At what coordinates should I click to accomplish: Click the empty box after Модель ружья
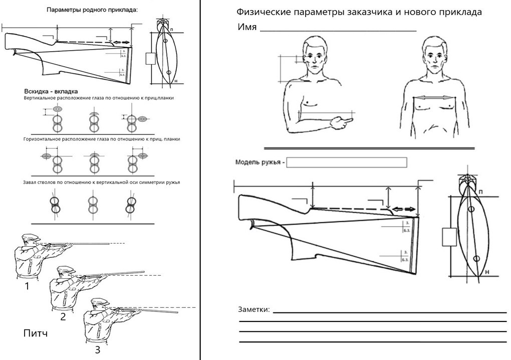click(346, 162)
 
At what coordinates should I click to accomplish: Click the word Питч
click(36, 333)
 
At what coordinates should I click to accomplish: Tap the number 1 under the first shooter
click(27, 287)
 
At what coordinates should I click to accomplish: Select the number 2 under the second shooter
click(63, 316)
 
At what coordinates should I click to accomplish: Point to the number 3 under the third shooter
click(97, 349)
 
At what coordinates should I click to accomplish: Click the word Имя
click(247, 27)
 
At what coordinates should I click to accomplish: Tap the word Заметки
click(254, 309)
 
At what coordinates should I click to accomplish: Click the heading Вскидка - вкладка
click(51, 91)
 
